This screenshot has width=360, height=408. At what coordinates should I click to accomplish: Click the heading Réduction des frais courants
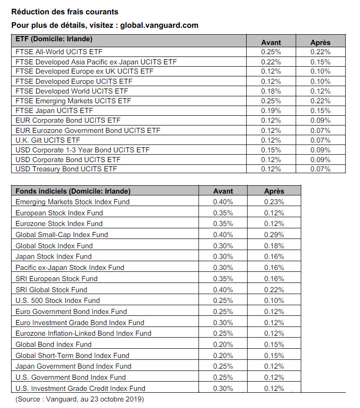click(65, 12)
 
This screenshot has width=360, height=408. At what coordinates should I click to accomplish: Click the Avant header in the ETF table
click(271, 42)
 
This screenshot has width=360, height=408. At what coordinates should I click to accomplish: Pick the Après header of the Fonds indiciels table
click(274, 191)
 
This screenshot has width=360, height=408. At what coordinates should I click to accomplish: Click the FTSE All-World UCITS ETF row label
click(59, 52)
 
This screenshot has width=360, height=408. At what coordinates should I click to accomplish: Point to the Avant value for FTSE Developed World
click(271, 91)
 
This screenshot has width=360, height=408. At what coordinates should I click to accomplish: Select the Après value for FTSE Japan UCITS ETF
click(320, 111)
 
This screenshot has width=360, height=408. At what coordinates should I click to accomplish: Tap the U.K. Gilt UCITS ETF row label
click(48, 140)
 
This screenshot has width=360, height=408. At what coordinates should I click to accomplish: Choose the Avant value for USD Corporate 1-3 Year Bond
click(271, 150)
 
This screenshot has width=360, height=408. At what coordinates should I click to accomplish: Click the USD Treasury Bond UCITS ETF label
click(66, 169)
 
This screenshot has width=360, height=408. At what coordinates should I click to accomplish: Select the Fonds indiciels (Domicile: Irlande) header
click(73, 191)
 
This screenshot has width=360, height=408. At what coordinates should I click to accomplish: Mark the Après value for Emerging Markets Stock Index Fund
click(274, 202)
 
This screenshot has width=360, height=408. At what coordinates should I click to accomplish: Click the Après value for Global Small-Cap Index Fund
click(274, 235)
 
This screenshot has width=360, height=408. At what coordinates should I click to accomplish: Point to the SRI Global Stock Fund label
click(51, 289)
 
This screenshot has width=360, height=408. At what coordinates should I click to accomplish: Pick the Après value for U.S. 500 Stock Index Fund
click(274, 301)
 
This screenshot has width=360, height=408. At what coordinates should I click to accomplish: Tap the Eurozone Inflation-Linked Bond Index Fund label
click(83, 333)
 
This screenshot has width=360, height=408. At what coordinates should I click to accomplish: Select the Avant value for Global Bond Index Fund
click(223, 345)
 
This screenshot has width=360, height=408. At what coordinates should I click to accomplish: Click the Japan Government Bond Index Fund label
click(73, 366)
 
